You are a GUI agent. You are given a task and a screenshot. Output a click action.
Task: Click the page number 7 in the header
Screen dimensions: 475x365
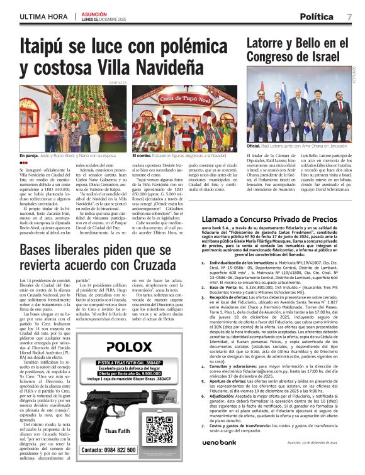[x=349, y=17]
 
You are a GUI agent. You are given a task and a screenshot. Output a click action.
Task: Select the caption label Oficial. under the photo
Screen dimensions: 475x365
[x=253, y=146]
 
